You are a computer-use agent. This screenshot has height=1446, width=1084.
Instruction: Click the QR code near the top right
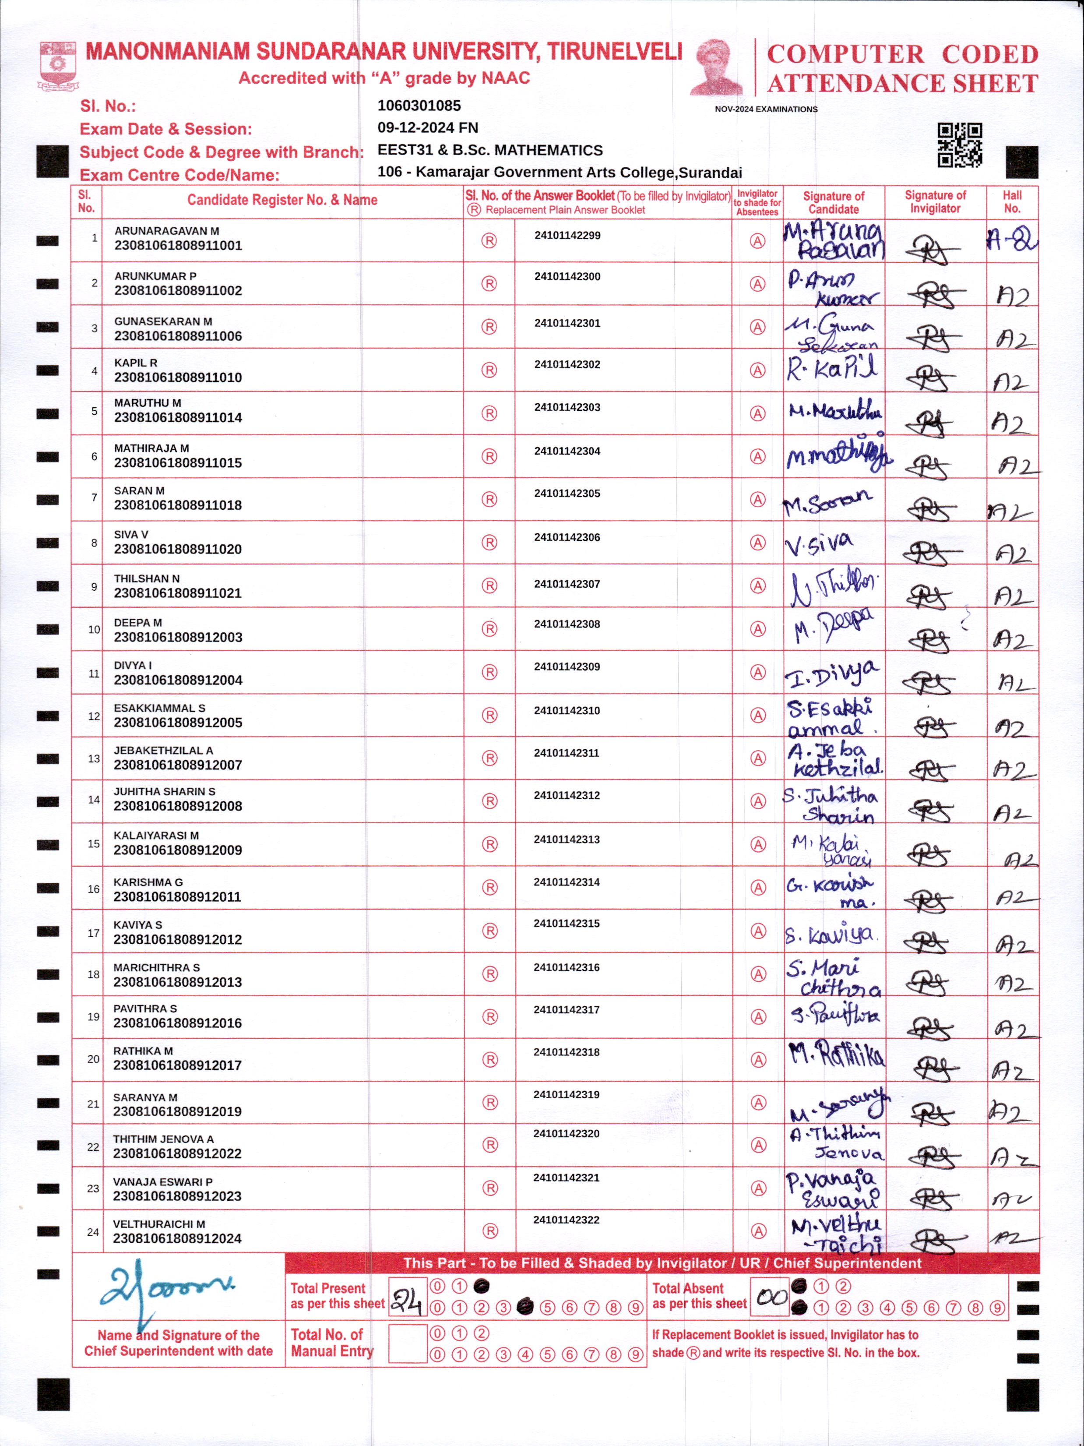point(960,145)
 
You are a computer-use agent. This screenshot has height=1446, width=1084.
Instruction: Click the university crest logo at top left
point(59,65)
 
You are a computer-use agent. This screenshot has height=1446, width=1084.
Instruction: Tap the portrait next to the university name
point(716,67)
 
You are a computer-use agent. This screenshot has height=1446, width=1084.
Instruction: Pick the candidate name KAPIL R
point(136,363)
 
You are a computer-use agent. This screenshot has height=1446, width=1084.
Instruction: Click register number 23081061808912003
point(178,637)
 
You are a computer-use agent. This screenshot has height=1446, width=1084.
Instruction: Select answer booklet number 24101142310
point(567,711)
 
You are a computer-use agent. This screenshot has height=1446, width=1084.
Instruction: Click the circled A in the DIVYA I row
point(757,672)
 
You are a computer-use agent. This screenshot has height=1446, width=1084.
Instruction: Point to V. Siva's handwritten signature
point(820,544)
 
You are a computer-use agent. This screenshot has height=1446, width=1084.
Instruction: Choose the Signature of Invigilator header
point(935,202)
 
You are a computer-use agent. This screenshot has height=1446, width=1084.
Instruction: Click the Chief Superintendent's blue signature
point(163,1289)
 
